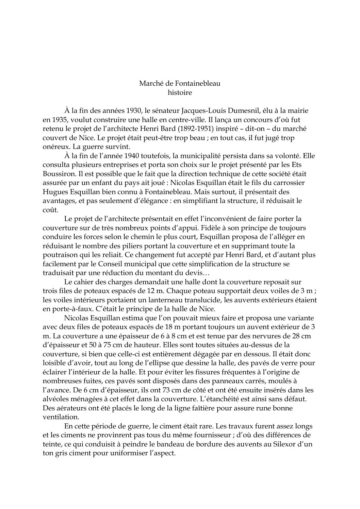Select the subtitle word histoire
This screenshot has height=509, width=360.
tap(180, 92)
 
